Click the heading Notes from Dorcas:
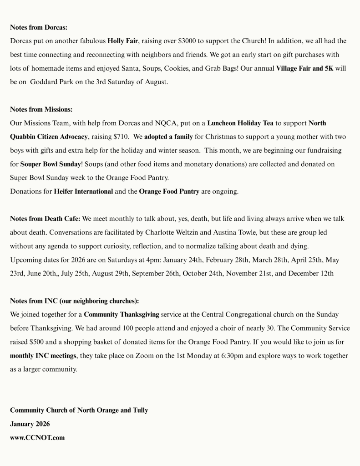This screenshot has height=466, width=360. click(x=38, y=27)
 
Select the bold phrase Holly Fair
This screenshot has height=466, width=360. click(x=122, y=41)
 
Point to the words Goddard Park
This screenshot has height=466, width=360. click(x=50, y=82)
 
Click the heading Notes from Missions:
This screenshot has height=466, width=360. click(x=41, y=109)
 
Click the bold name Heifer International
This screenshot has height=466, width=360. click(x=83, y=191)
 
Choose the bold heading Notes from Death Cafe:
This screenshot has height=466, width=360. click(x=45, y=219)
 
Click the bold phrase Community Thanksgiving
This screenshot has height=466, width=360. click(x=122, y=314)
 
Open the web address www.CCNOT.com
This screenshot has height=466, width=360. click(x=37, y=438)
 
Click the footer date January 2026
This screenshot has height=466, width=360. click(x=30, y=424)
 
